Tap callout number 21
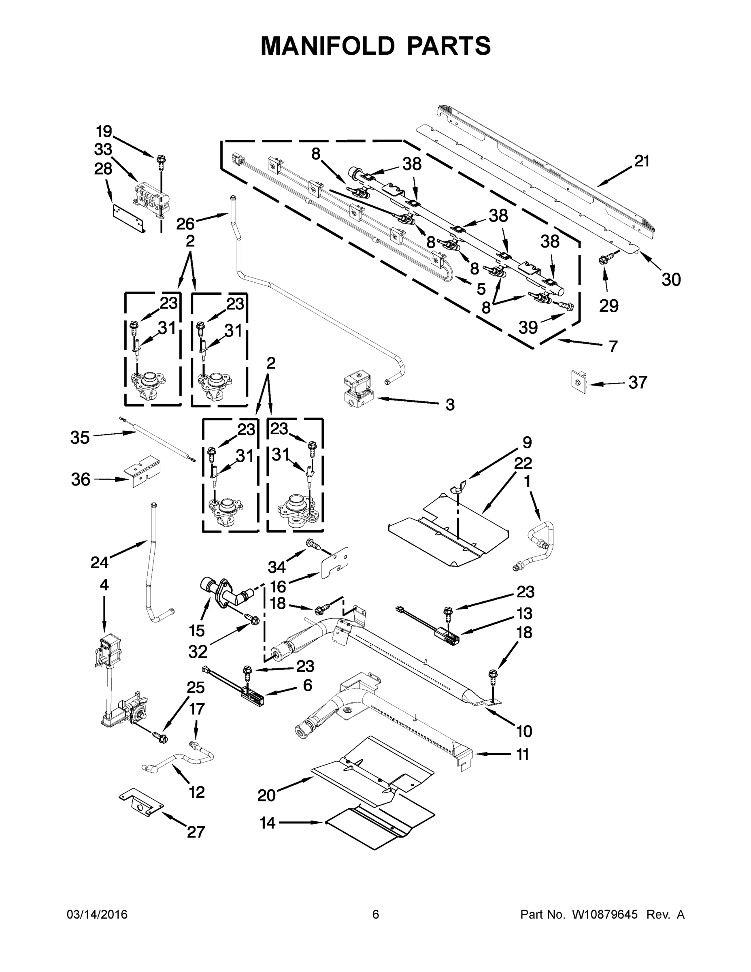[x=642, y=161]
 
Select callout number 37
[x=638, y=382]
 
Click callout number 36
[x=81, y=480]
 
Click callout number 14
[x=267, y=823]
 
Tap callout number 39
[x=528, y=328]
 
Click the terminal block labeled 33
[x=151, y=198]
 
